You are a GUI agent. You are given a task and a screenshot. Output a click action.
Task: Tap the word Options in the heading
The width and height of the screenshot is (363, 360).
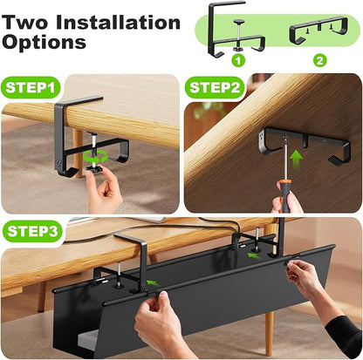(x=44, y=41)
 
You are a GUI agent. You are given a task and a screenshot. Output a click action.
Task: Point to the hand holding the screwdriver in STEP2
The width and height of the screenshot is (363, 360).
(x=287, y=202)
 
